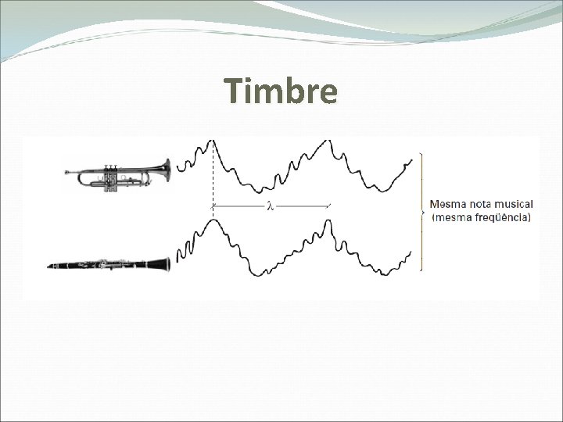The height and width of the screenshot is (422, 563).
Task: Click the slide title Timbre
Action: click(281, 91)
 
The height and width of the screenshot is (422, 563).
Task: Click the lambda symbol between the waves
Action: click(271, 206)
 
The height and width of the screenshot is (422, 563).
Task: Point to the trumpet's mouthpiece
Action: click(69, 173)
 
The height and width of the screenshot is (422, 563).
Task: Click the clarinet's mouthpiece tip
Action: click(51, 266)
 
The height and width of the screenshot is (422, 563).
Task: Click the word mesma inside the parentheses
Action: click(454, 217)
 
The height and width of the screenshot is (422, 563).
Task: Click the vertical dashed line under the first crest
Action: click(213, 180)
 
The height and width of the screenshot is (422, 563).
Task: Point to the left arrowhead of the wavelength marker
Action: click(215, 206)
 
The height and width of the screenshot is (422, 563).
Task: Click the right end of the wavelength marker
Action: click(329, 206)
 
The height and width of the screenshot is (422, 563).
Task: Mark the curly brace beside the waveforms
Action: click(423, 211)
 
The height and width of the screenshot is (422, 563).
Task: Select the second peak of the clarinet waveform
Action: click(328, 222)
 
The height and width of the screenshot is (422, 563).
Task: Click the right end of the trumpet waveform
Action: click(411, 160)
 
